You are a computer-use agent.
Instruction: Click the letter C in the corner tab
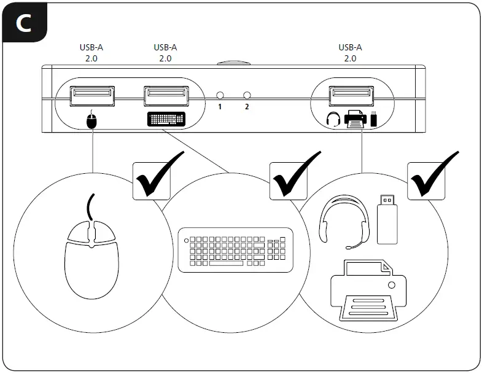(x=24, y=23)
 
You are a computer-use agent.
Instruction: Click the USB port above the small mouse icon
(x=91, y=96)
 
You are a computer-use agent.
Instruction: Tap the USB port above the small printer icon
(x=350, y=96)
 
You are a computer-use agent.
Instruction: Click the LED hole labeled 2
(x=247, y=96)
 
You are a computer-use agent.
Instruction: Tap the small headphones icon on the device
(x=333, y=119)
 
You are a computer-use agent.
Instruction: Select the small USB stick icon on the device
(x=374, y=118)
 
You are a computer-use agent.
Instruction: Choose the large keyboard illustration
(x=235, y=251)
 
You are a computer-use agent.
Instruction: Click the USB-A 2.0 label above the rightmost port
(x=350, y=53)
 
